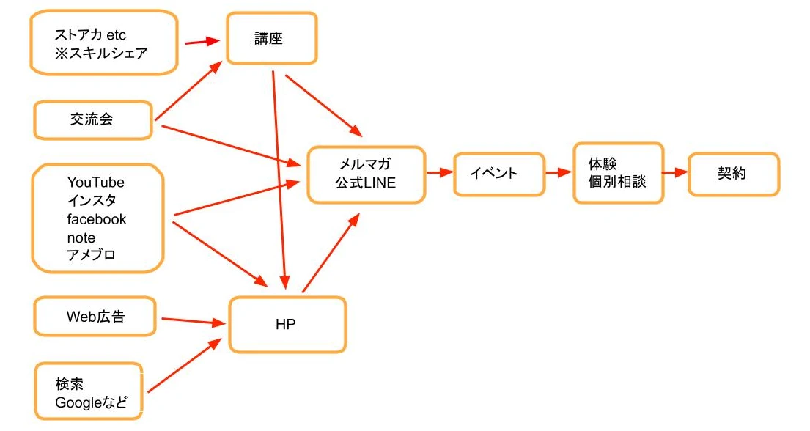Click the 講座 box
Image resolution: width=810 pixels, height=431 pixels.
[271, 38]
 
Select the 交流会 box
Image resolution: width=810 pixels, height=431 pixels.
[92, 119]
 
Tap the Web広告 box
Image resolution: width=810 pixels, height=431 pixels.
[95, 317]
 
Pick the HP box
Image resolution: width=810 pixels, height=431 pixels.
[287, 324]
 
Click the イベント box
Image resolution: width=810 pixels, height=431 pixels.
[498, 174]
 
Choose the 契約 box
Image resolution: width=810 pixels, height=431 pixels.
[733, 174]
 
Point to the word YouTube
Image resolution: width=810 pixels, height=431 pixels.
[96, 183]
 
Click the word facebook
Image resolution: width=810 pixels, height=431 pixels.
[97, 219]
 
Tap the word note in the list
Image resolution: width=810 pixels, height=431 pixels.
[81, 237]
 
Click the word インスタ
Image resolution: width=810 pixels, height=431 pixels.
[91, 201]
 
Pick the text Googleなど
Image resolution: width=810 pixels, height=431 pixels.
[91, 402]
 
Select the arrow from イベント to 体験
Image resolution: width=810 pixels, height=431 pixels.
[558, 173]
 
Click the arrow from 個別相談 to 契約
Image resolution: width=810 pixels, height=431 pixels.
[674, 173]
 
